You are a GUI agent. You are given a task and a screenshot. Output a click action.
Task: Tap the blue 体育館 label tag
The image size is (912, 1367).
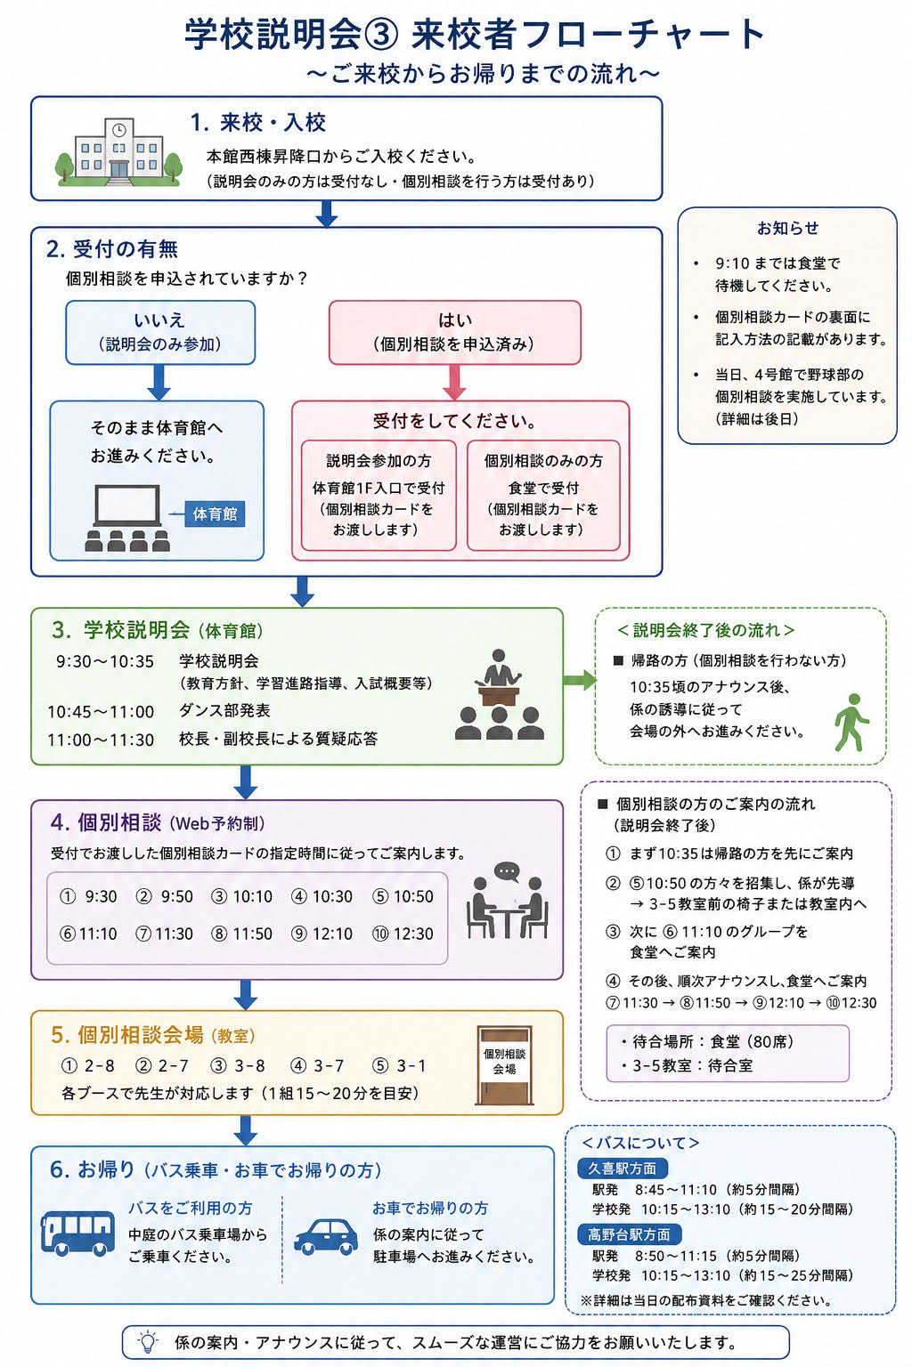coord(215,514)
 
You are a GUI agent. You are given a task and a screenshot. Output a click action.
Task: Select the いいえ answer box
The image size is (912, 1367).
coord(160,333)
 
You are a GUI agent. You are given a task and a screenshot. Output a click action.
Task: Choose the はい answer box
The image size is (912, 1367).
coord(454,333)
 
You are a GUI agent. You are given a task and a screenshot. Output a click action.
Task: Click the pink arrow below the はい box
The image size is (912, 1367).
coord(454,382)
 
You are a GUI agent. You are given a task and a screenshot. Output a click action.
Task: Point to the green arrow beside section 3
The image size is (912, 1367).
coord(579,680)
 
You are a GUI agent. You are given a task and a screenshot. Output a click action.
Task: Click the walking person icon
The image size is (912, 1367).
coord(851,722)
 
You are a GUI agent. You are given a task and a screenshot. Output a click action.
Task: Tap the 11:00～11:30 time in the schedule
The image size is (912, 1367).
coord(101,740)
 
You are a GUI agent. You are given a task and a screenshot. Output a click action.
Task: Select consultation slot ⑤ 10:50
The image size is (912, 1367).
coord(403,896)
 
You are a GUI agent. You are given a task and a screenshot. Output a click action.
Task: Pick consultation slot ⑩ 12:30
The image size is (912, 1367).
coord(403,934)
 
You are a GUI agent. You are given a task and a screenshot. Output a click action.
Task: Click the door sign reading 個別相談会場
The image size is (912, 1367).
coord(505,1065)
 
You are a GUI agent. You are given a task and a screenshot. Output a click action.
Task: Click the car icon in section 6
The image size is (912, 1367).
coord(326,1236)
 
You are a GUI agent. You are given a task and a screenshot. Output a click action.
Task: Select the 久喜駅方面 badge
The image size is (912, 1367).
coord(622,1168)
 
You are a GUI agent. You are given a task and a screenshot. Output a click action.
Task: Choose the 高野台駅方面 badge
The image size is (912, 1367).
coord(629,1234)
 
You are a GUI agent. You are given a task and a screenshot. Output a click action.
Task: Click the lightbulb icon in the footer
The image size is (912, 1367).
coord(148,1341)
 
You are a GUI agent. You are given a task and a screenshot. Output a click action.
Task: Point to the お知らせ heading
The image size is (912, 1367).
coord(787,228)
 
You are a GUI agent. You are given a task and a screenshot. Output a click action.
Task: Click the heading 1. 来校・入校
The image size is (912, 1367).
coord(257,123)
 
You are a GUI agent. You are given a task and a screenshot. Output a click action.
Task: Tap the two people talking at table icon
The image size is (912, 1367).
coord(507,900)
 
